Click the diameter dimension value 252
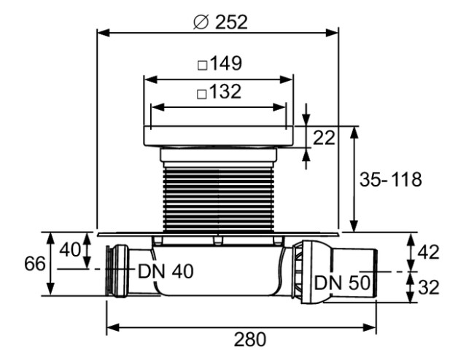[231, 21]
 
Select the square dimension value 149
[226, 64]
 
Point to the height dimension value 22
[325, 136]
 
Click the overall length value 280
[244, 339]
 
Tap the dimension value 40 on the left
[70, 249]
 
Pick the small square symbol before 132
[202, 93]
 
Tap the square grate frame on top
[219, 136]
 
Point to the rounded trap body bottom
[219, 288]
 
